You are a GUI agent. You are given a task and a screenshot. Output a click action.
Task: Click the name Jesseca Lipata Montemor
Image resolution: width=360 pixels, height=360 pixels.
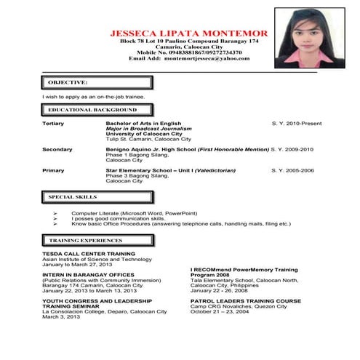pos(188,33)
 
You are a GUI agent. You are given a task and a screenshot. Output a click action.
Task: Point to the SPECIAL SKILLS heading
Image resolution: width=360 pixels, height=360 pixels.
pos(73,197)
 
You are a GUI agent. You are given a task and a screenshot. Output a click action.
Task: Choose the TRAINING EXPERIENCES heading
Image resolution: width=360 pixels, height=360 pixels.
pos(81,239)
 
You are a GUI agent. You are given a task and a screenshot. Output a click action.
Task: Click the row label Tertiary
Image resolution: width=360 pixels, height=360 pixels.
pos(53,124)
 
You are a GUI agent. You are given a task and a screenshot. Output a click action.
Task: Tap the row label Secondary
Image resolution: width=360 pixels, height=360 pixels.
pos(57,149)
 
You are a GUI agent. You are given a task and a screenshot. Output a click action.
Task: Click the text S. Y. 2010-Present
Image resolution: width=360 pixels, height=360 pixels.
pos(296,124)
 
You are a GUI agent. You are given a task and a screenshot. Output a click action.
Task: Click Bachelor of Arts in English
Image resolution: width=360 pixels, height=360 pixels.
pos(143,124)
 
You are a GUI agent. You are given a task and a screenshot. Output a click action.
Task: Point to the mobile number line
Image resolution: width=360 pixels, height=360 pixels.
pos(188,52)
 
